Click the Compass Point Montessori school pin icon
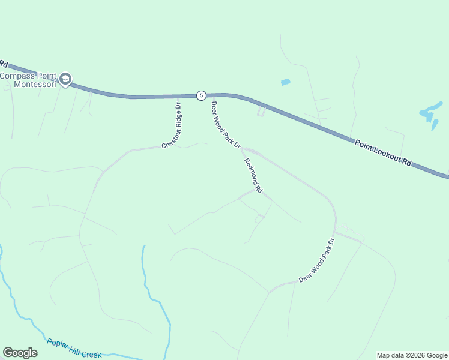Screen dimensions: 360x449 [65, 79]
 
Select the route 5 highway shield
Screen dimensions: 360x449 [201, 95]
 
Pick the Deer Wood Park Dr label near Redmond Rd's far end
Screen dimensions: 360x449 [316, 259]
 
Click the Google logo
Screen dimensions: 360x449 [20, 353]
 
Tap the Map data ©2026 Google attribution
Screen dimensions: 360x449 [412, 355]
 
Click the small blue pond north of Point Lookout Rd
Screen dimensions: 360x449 [285, 82]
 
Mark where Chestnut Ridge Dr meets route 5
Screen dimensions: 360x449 [178, 96]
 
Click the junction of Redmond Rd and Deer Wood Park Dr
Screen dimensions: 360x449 [243, 149]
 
